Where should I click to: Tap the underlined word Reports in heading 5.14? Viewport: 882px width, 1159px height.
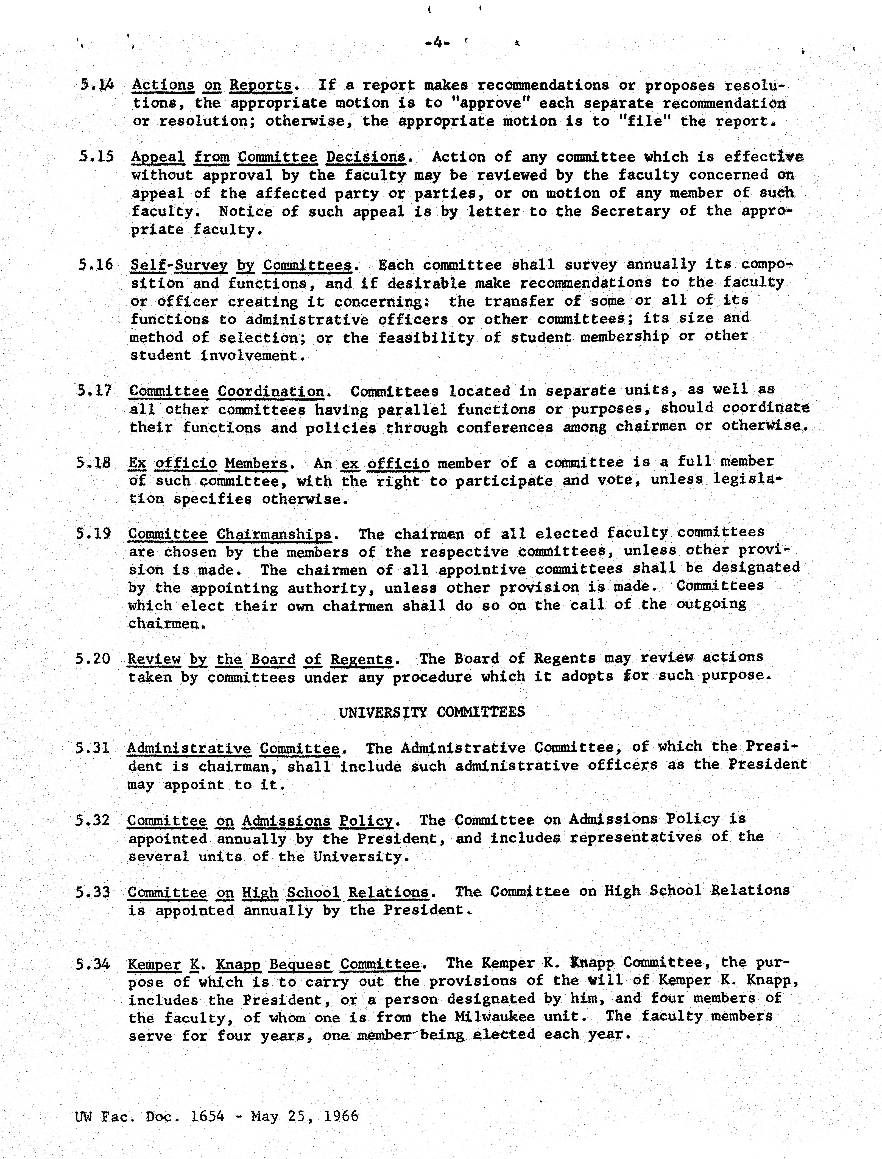tap(260, 85)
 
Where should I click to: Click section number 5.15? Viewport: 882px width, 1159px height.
tap(97, 157)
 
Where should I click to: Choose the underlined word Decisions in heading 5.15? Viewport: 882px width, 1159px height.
tap(366, 157)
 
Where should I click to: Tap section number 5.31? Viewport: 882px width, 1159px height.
tap(92, 747)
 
